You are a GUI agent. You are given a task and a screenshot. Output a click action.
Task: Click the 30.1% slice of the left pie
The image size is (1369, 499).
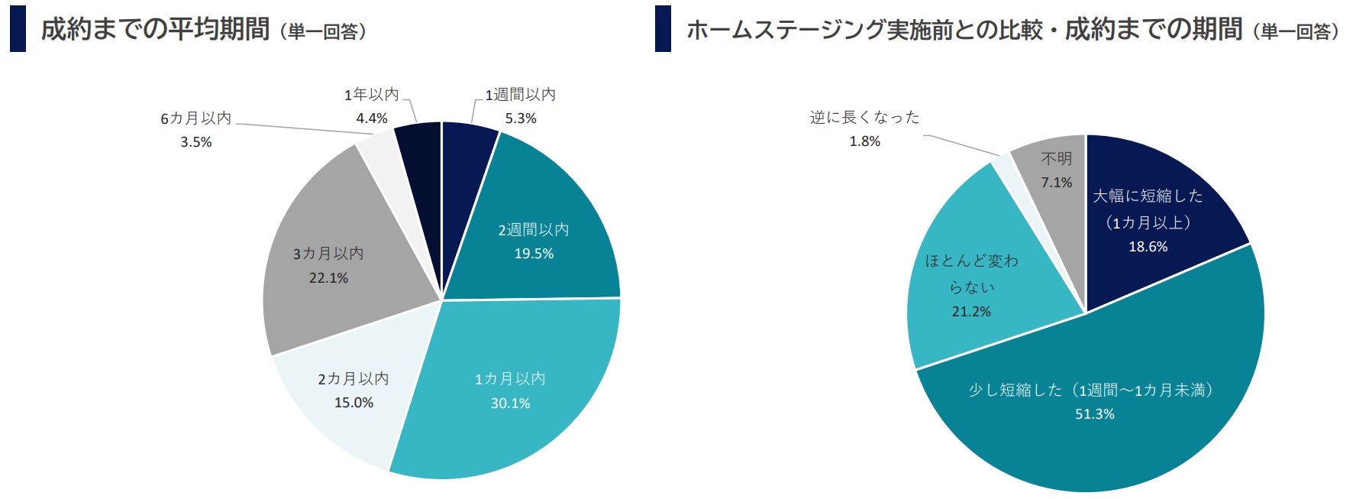[x=509, y=390]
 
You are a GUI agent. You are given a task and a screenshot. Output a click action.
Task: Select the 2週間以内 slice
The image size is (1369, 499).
[x=534, y=241]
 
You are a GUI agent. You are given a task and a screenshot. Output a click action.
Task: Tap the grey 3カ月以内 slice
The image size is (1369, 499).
[x=328, y=264]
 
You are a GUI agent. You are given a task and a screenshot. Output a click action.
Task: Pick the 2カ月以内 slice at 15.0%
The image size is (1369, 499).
[x=353, y=390]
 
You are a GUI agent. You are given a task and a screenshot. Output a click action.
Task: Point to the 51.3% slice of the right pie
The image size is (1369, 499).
[x=1094, y=402]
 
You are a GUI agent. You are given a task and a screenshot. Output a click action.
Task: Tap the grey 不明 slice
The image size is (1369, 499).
[x=1056, y=170]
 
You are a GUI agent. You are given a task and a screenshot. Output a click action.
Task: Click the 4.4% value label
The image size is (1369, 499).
[x=372, y=118]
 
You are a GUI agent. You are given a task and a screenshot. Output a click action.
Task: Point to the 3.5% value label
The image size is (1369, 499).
[x=196, y=142]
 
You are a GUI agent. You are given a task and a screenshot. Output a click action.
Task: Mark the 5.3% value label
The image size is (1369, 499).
[x=521, y=118]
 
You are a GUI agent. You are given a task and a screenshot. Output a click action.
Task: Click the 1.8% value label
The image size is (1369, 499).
[x=865, y=141]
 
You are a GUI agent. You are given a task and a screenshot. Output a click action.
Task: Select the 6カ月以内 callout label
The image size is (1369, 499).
[x=196, y=118]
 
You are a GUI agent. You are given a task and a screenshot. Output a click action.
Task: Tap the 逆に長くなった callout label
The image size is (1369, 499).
[x=865, y=118]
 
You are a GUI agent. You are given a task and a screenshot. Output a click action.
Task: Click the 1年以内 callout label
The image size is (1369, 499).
[x=372, y=95]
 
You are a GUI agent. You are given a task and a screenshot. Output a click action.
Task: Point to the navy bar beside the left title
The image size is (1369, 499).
[x=18, y=29]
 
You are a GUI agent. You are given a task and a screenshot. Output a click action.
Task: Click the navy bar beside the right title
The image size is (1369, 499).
[x=663, y=29]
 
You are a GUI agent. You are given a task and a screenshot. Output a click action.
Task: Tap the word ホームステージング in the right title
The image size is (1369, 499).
[x=786, y=30]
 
